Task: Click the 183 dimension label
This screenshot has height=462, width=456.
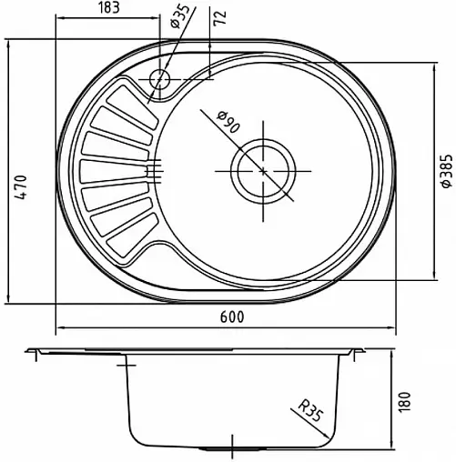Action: pyautogui.click(x=109, y=8)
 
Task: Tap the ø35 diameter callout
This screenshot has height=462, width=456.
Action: pyautogui.click(x=179, y=15)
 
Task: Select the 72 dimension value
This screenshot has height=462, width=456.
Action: pyautogui.click(x=220, y=18)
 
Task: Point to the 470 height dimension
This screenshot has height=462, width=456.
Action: pyautogui.click(x=22, y=186)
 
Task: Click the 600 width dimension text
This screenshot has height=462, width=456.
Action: pyautogui.click(x=232, y=317)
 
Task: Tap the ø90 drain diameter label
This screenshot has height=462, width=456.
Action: pyautogui.click(x=228, y=122)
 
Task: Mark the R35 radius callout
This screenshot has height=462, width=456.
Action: pyautogui.click(x=309, y=410)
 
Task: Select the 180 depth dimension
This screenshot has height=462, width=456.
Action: pyautogui.click(x=404, y=402)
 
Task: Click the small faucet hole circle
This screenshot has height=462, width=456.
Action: pyautogui.click(x=159, y=78)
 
